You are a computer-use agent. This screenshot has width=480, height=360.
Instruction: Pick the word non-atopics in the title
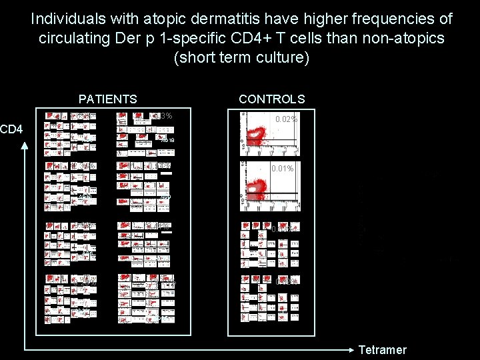pos(404,38)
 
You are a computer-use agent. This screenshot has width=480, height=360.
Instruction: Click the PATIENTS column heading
pos(107,99)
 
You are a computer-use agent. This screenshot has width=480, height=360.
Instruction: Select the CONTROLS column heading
pos(271,99)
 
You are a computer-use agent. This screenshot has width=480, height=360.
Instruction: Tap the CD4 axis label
pos(11,127)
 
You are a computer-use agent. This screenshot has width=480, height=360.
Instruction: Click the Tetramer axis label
pos(382,350)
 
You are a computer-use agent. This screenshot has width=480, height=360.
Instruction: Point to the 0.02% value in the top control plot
pos(286,119)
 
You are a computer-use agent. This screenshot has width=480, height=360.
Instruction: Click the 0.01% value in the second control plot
pos(282,169)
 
